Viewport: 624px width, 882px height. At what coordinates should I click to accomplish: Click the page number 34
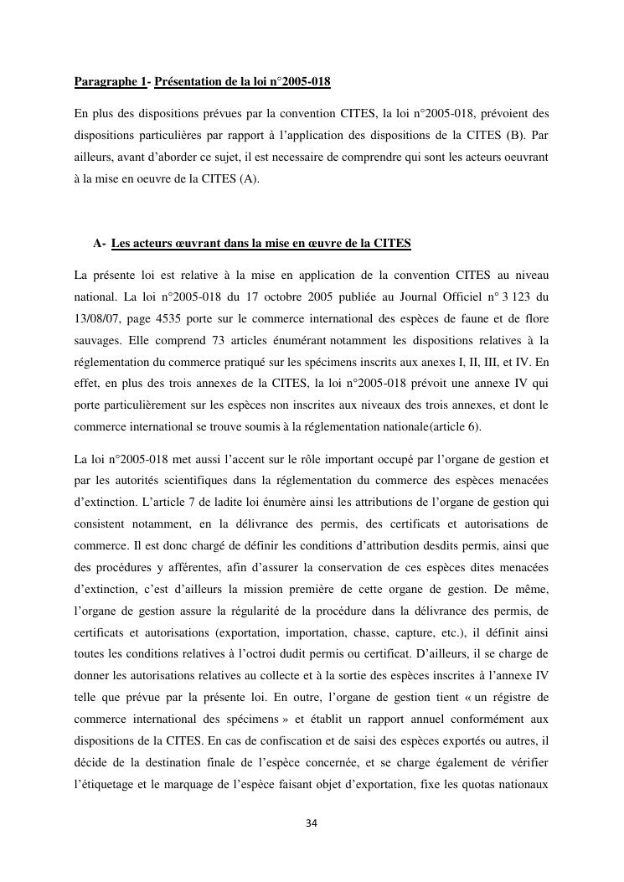[312, 823]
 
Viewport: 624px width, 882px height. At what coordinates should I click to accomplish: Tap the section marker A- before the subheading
[100, 244]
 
